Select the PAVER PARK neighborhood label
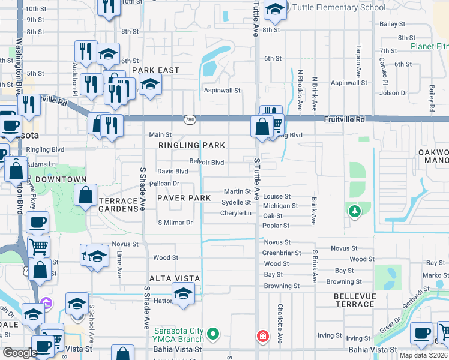(x=184, y=198)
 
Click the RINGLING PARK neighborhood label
(x=192, y=145)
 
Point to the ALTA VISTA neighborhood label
(x=175, y=278)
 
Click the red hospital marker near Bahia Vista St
(x=262, y=336)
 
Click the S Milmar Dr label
(x=175, y=223)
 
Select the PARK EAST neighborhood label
(x=156, y=70)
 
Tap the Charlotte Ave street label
(x=280, y=323)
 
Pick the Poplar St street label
(x=276, y=226)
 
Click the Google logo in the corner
(x=20, y=353)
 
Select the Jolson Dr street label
(x=394, y=93)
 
